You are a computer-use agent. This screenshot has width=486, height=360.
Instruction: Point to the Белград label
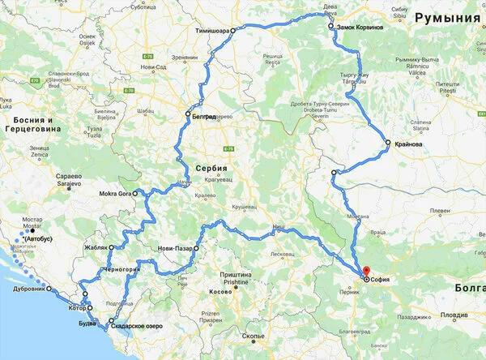coord(204,116)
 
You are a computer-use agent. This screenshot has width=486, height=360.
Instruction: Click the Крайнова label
coord(408,144)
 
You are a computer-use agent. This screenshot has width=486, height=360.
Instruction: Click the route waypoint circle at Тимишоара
coord(232,30)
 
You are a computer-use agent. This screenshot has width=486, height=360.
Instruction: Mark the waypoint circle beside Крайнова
coord(388,144)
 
